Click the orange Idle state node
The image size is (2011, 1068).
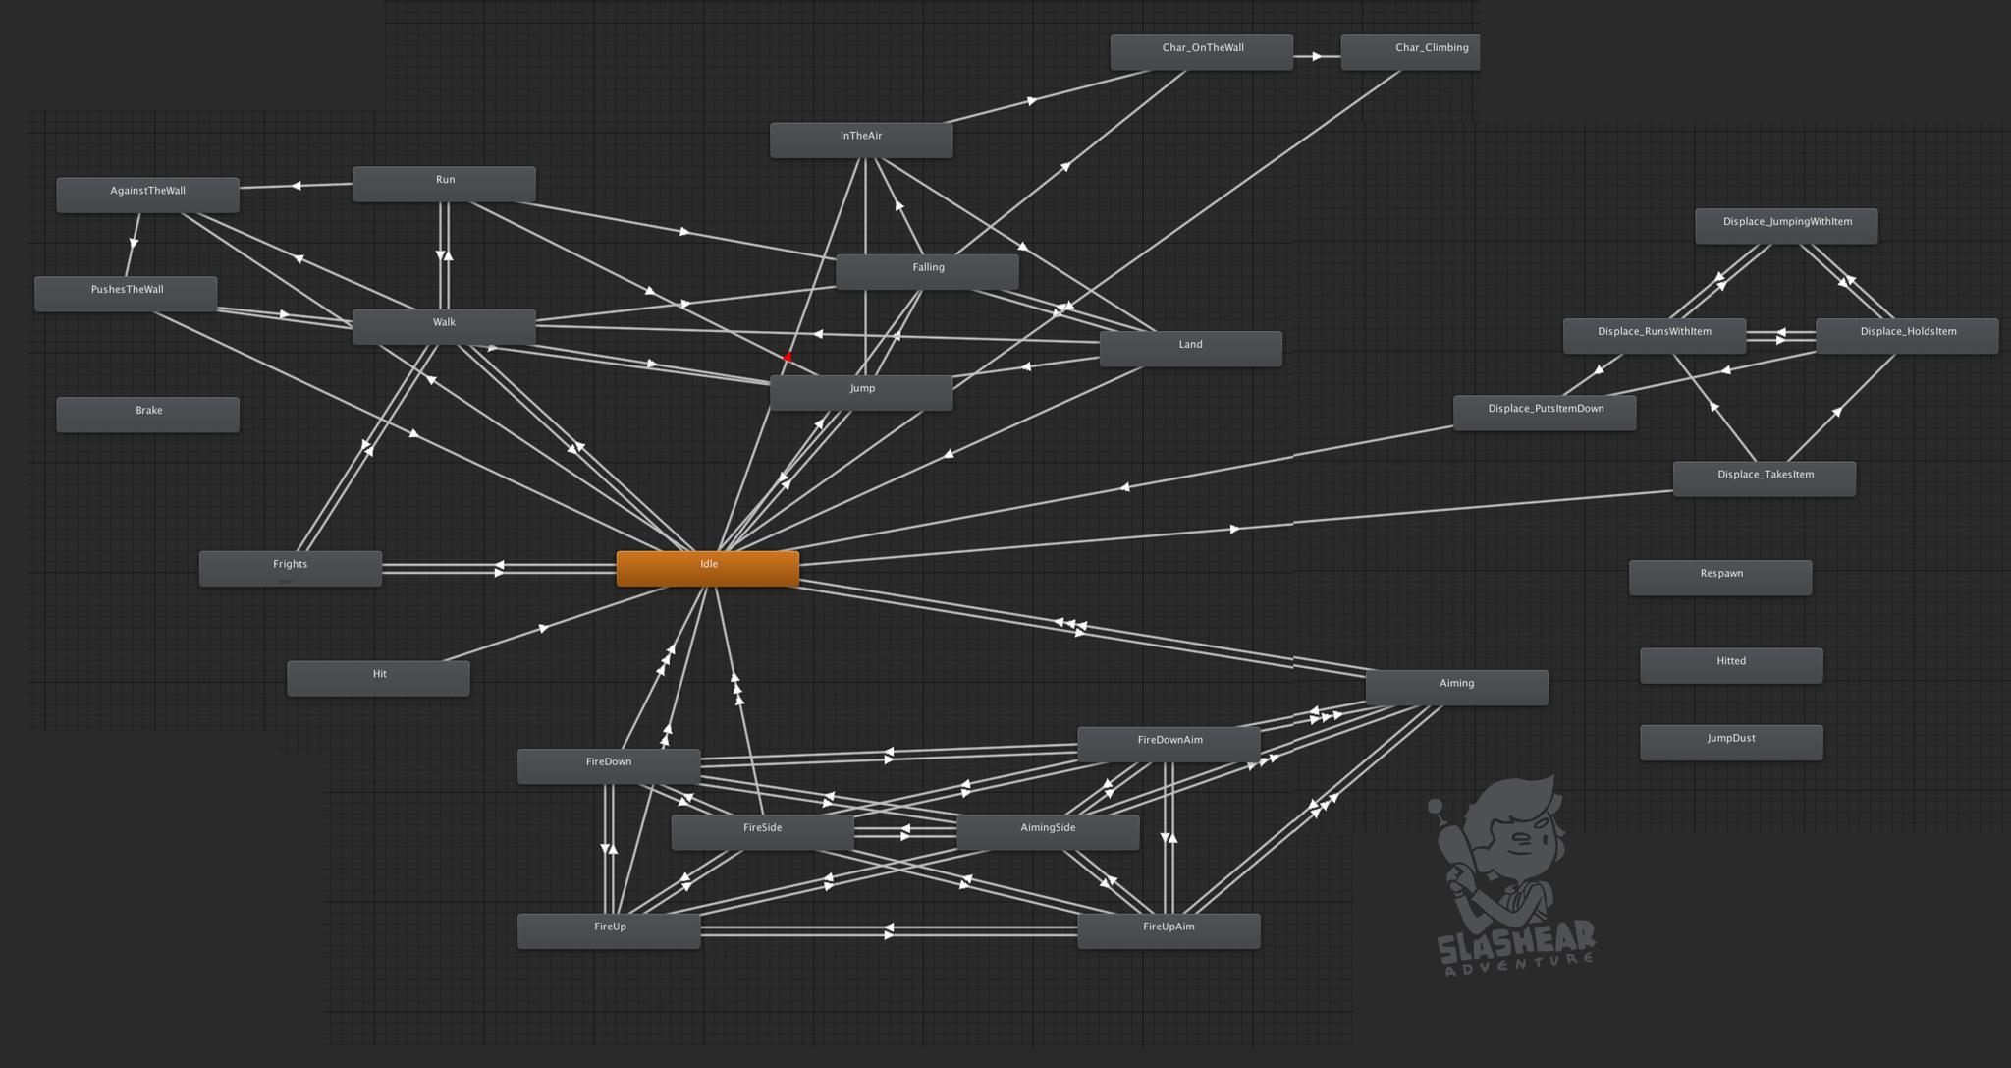[x=707, y=568]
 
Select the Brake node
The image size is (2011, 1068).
[x=147, y=414]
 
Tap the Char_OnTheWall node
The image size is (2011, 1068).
[x=1201, y=51]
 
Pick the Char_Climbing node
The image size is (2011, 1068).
[x=1410, y=51]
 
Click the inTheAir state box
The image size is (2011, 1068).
[x=860, y=140]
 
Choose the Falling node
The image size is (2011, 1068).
[x=927, y=271]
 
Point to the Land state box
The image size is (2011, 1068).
[x=1190, y=348]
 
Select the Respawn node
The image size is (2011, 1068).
[x=1719, y=577]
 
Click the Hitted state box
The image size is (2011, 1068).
[x=1730, y=664]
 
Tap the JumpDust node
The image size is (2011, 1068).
[x=1730, y=742]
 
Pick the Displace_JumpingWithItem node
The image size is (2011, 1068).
[x=1785, y=225]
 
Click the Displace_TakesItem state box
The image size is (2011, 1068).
[x=1764, y=478]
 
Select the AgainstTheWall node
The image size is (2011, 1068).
[x=147, y=195]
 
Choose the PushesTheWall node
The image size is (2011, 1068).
[x=126, y=293]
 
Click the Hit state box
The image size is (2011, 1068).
[x=378, y=678]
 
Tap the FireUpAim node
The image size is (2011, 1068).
[x=1168, y=930]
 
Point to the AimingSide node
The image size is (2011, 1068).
[x=1047, y=831]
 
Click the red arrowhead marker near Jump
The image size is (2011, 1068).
[x=788, y=357]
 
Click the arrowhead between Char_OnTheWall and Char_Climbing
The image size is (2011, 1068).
[x=1316, y=56]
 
